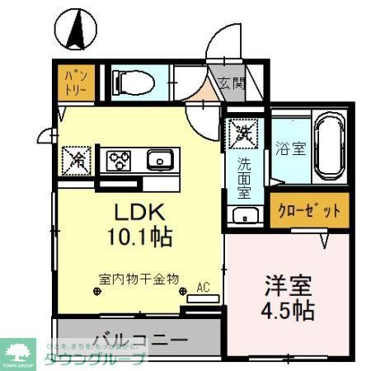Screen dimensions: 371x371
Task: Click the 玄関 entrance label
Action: coord(232,82)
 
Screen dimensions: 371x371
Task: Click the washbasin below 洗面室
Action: coord(244,217)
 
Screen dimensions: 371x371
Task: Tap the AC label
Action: coord(202,288)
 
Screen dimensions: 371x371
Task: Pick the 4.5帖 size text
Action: coord(289,312)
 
